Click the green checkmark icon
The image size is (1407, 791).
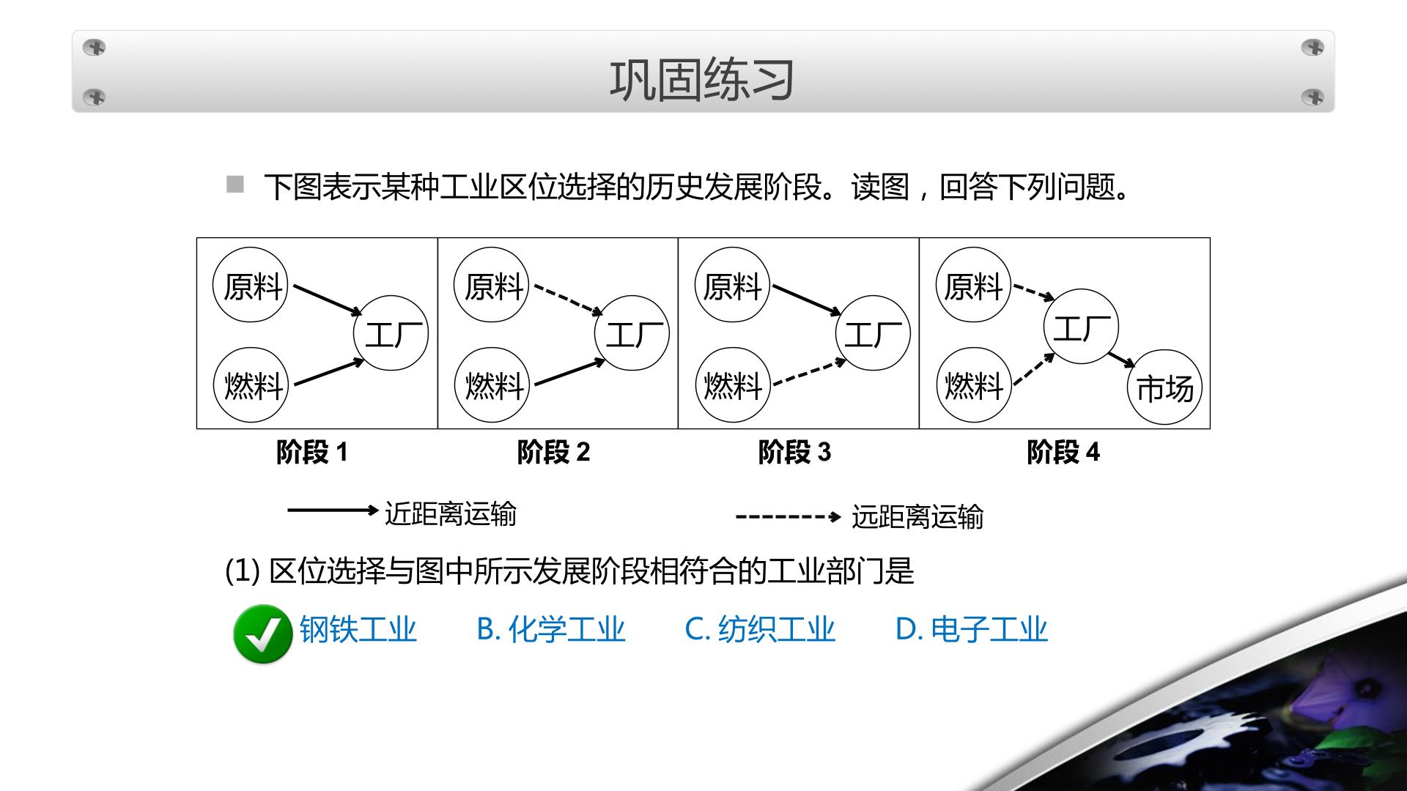[262, 634]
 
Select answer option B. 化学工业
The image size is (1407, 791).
[550, 629]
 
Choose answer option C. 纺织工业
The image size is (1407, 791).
[760, 629]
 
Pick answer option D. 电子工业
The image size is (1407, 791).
[972, 629]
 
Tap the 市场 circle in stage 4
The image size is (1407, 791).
[1164, 387]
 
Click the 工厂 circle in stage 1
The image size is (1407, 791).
[391, 333]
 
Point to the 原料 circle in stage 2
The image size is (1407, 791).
[491, 285]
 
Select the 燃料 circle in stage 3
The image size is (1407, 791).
[732, 385]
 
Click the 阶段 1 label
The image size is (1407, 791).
[312, 452]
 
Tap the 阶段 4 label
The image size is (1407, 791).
[1063, 452]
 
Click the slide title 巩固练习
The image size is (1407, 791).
[702, 80]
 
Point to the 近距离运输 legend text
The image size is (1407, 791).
[451, 513]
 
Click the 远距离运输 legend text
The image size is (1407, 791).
[917, 517]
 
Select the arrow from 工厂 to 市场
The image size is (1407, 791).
[1122, 360]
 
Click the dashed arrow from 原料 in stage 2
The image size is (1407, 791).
[569, 300]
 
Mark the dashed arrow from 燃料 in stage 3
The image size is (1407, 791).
[810, 372]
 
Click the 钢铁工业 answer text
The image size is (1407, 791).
[358, 629]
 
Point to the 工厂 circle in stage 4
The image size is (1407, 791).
[1081, 327]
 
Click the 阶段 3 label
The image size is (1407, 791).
[794, 452]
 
